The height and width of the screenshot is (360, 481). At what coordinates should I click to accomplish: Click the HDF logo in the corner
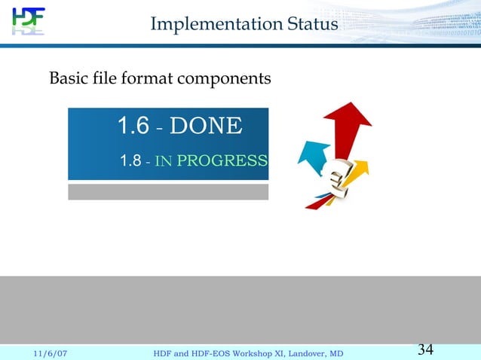pos(28,21)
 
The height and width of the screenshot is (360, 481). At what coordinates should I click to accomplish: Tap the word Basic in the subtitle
pos(66,78)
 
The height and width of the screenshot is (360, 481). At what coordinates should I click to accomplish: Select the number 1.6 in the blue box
pos(133,126)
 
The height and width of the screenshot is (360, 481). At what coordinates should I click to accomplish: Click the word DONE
pos(206,126)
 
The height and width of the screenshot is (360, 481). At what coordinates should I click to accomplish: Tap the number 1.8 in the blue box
pos(130,160)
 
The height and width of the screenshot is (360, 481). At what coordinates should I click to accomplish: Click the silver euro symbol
pos(335,180)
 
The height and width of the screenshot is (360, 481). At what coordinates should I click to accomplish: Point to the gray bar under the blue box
pos(168,192)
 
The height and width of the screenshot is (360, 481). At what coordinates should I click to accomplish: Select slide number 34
pos(425,349)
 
